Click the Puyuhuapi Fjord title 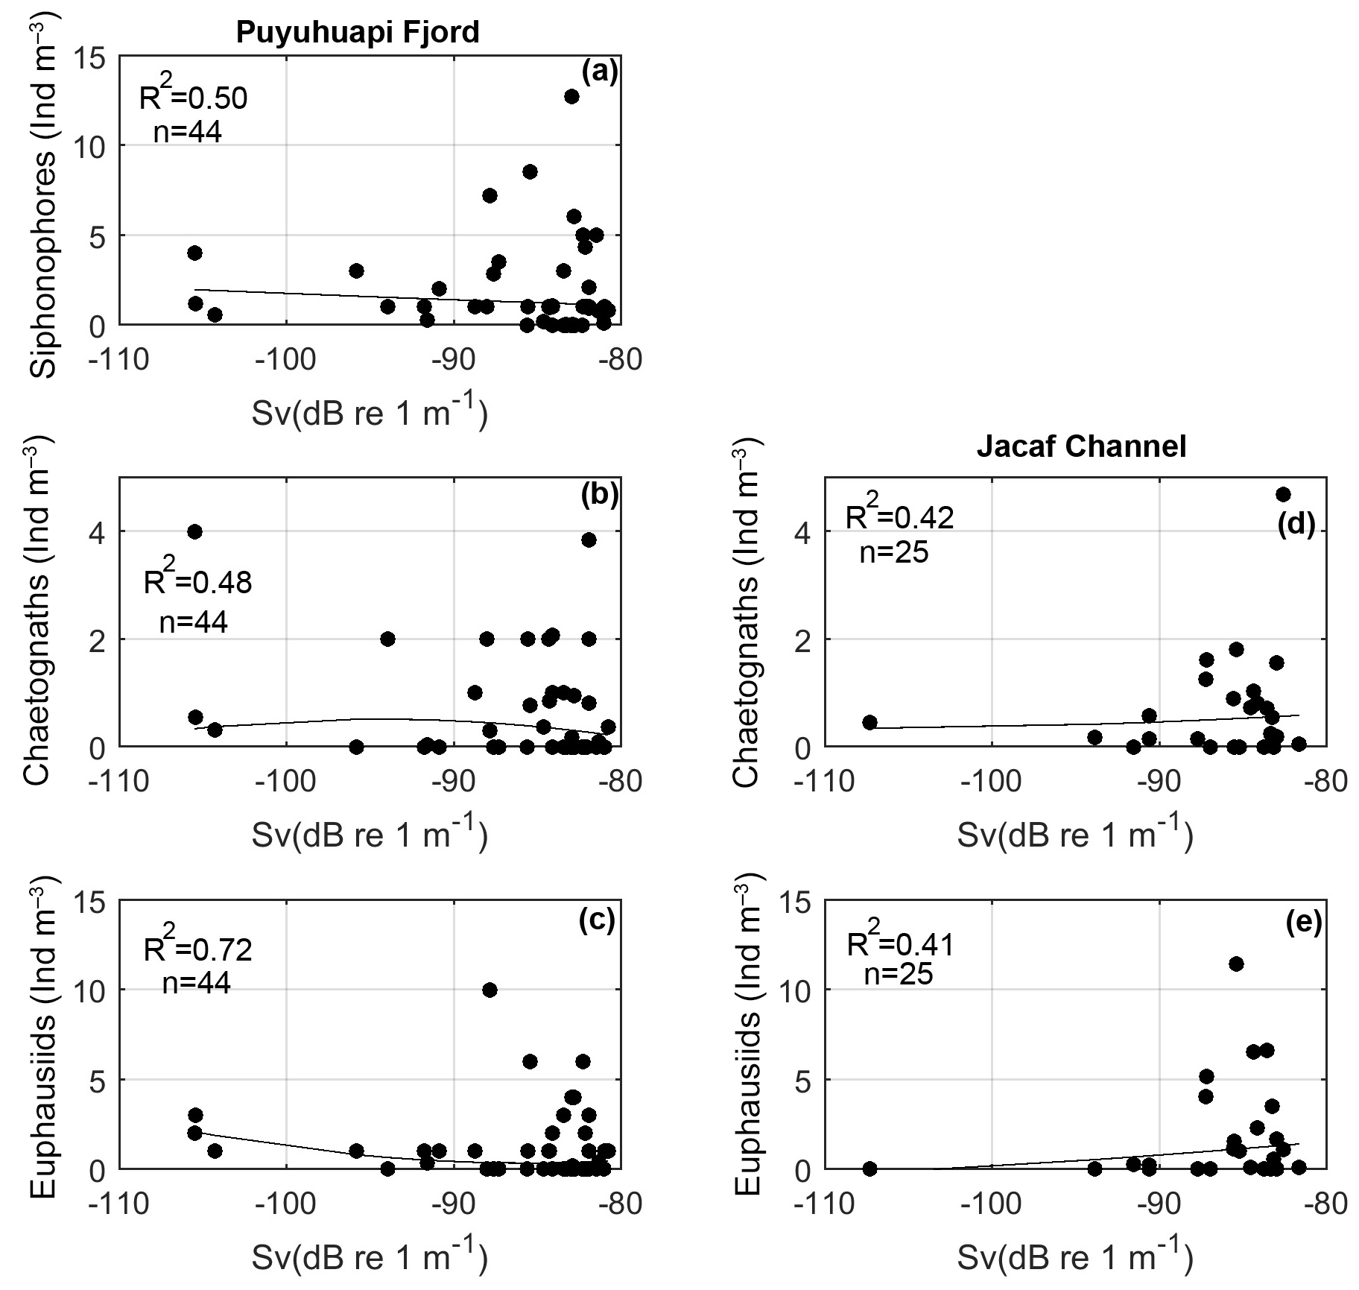(x=358, y=33)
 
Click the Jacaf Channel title (x=1081, y=446)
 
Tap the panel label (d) (x=1296, y=525)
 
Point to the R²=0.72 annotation (x=197, y=949)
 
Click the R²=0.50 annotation (x=193, y=98)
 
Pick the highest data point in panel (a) (x=571, y=96)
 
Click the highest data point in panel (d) (x=1283, y=494)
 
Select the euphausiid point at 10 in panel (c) (x=490, y=990)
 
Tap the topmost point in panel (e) (x=1236, y=964)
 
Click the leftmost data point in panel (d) (x=869, y=722)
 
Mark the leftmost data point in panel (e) (x=869, y=1168)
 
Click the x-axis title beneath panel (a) (x=370, y=413)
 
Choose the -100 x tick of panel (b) (x=286, y=782)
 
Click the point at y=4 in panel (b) (x=194, y=531)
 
